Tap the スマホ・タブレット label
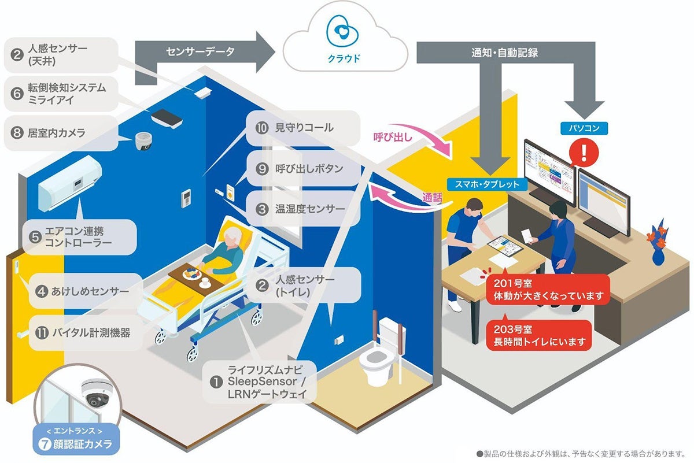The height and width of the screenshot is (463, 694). tap(488, 184)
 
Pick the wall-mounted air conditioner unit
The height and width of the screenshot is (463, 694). tap(69, 182)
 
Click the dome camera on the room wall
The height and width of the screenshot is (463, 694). tap(143, 140)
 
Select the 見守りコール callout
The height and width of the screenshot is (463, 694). tap(298, 127)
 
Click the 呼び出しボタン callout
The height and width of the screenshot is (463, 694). tap(302, 169)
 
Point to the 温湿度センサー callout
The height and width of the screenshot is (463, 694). tap(302, 208)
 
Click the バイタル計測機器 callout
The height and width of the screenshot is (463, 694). tap(84, 333)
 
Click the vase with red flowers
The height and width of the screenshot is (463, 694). tap(659, 243)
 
